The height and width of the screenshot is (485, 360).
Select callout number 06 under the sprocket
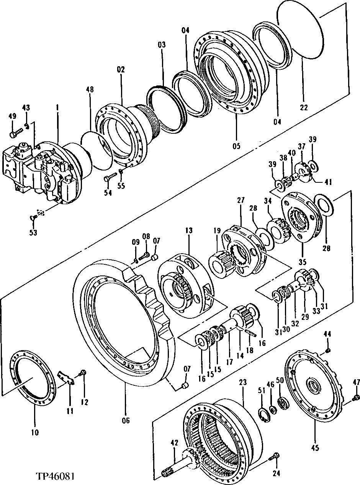tap(125, 421)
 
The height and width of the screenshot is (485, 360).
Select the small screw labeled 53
tap(33, 218)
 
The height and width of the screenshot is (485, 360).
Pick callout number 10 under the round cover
tap(34, 433)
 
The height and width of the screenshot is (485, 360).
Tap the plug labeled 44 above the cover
tap(327, 351)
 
